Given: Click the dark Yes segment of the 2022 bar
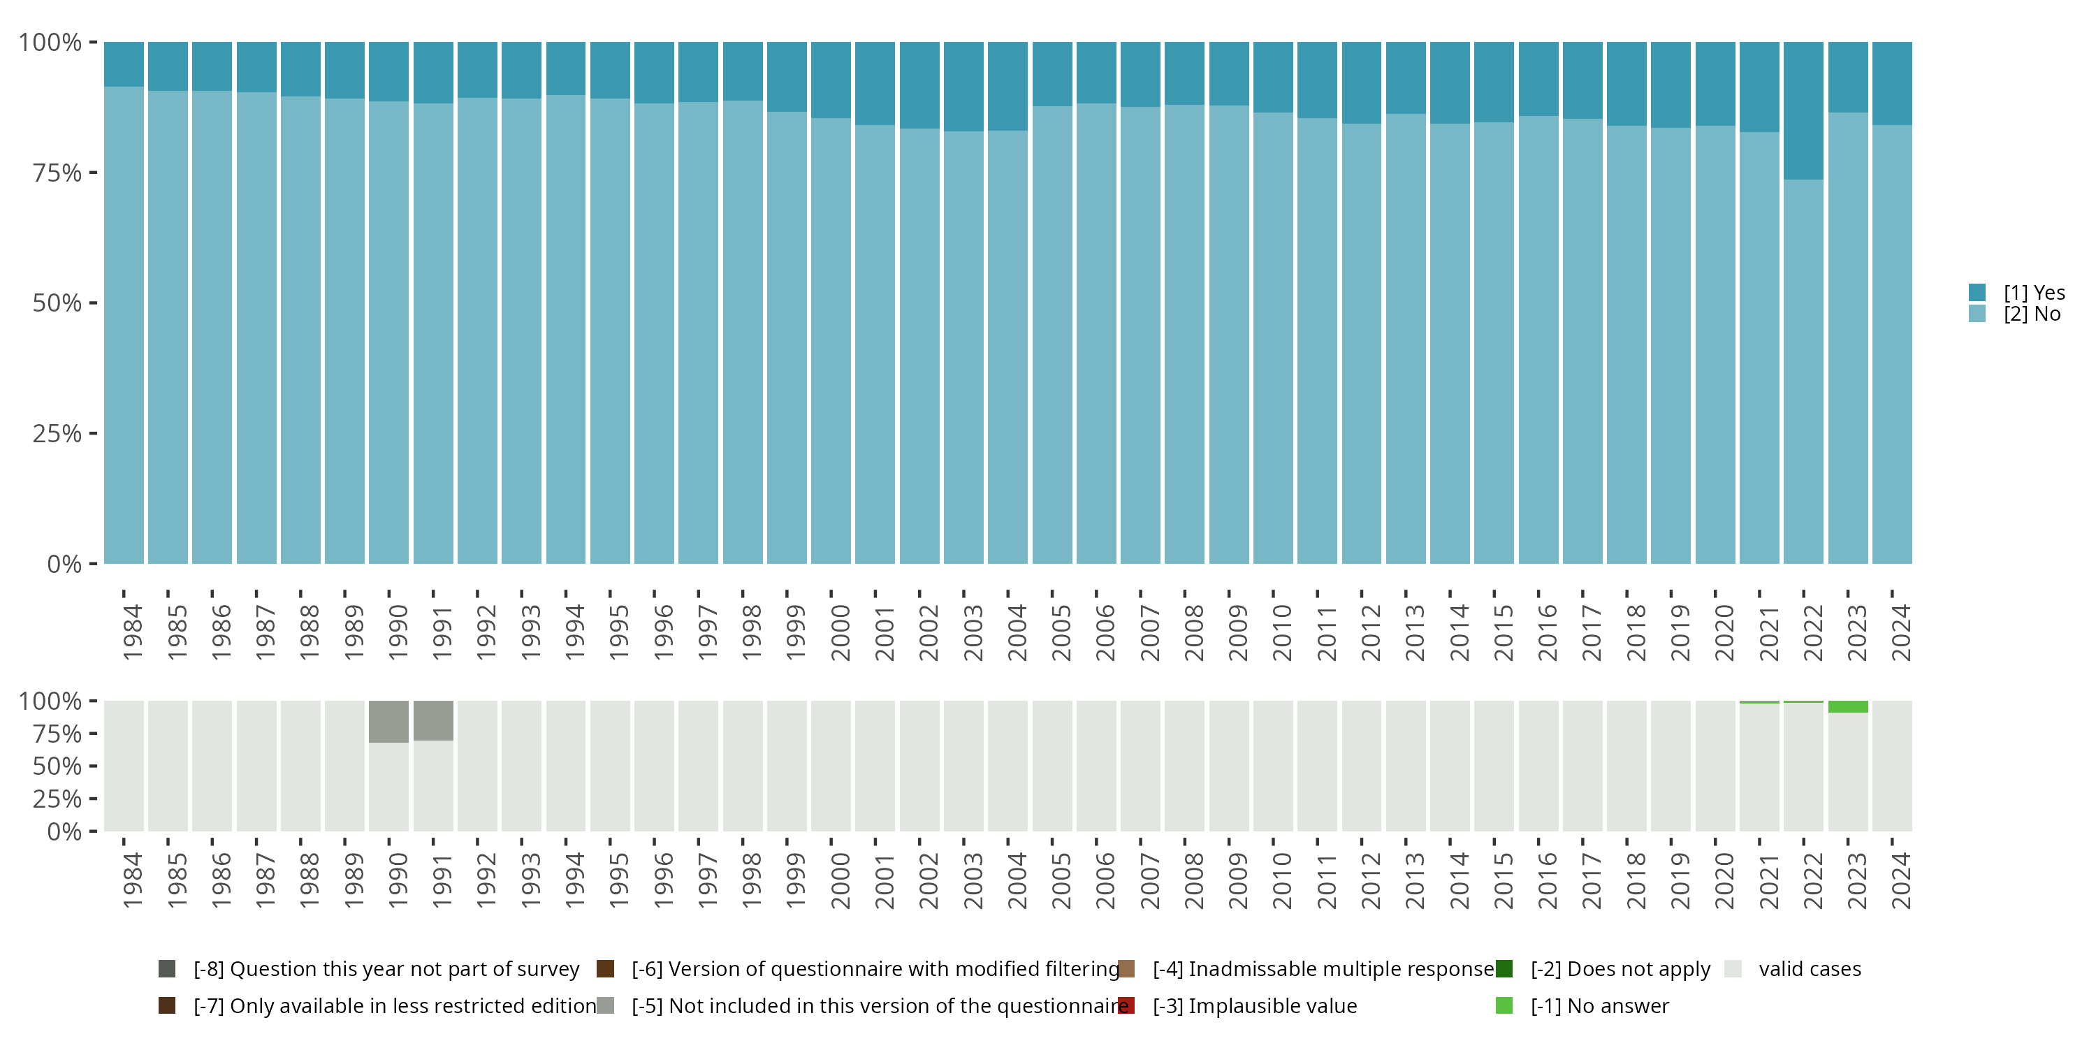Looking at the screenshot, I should pyautogui.click(x=1803, y=110).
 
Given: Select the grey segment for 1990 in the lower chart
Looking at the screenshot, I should pyautogui.click(x=388, y=721).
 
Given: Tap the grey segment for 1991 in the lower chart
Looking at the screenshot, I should pyautogui.click(x=433, y=720).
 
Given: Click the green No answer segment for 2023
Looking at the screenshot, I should pyautogui.click(x=1848, y=706).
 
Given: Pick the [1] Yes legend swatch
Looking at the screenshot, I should pyautogui.click(x=1977, y=292).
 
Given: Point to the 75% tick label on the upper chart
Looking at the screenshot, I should pyautogui.click(x=57, y=173).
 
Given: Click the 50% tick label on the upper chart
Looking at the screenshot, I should pyautogui.click(x=57, y=303).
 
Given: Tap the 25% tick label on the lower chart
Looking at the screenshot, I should pyautogui.click(x=57, y=798).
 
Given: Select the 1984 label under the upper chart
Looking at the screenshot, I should pyautogui.click(x=133, y=632).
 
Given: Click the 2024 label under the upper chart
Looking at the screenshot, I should pyautogui.click(x=1900, y=632).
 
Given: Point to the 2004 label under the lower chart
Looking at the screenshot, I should pyautogui.click(x=1017, y=880).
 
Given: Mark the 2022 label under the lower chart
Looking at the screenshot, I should pyautogui.click(x=1813, y=880).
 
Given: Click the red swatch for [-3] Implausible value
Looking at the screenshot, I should pyautogui.click(x=1127, y=1005).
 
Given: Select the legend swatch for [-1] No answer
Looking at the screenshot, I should pyautogui.click(x=1504, y=1005).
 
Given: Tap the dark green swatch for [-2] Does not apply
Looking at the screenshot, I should pyautogui.click(x=1504, y=968).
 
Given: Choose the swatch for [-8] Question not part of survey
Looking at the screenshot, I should pyautogui.click(x=167, y=968).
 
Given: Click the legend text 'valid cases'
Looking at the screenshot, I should pyautogui.click(x=1810, y=968).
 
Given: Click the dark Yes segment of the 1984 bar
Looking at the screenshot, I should pyautogui.click(x=124, y=64).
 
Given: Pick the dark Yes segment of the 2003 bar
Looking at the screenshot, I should pyautogui.click(x=963, y=86).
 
